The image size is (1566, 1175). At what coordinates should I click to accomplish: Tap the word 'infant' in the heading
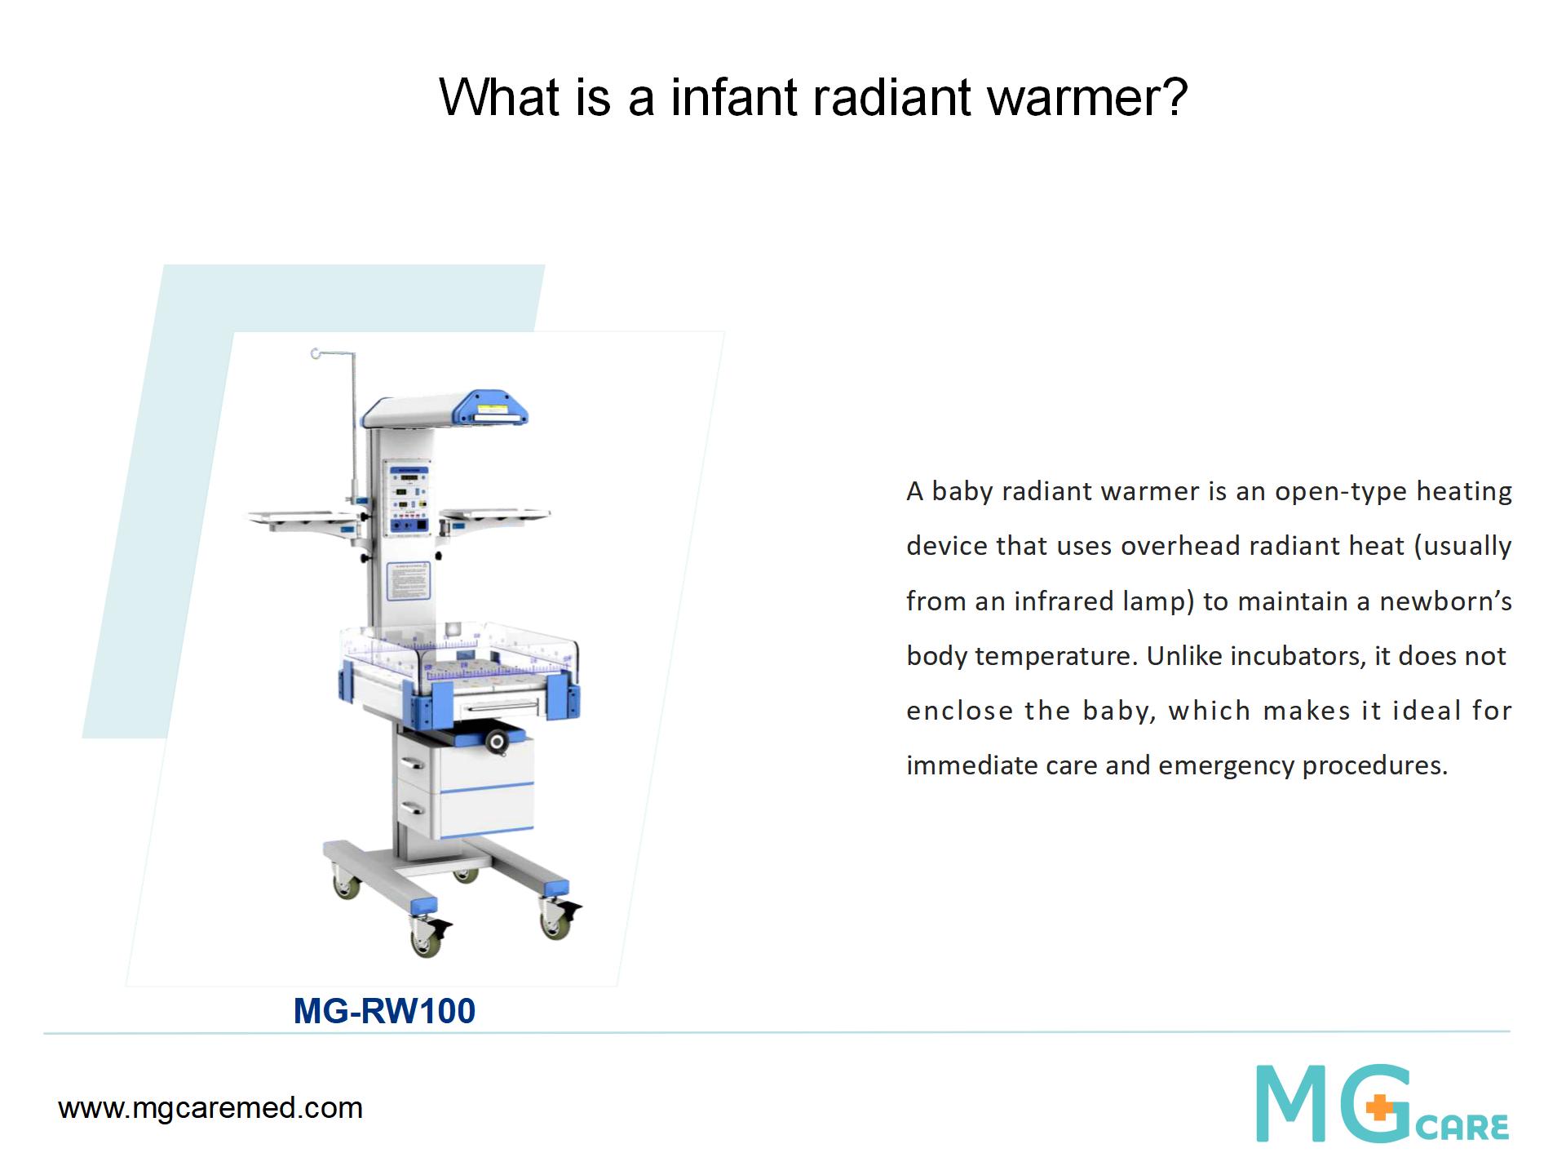click(734, 97)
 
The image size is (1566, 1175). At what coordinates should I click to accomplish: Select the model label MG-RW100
click(384, 1011)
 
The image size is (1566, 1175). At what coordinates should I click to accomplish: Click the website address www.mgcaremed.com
click(210, 1108)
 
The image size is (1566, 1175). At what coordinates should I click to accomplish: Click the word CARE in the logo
click(1462, 1128)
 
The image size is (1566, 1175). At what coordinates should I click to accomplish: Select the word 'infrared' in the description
click(1064, 601)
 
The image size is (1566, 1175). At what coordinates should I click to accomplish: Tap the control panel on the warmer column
click(409, 499)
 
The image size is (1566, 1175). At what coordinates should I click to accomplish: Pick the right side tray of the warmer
click(495, 516)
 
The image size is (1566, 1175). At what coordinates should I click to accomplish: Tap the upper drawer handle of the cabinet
click(412, 763)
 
